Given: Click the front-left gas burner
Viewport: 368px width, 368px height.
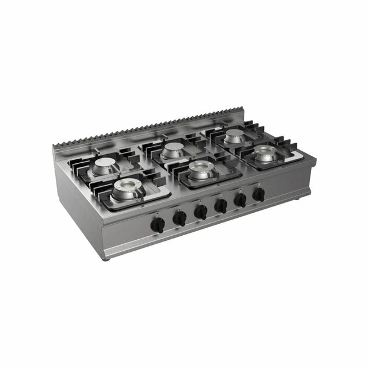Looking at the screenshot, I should point(125,190).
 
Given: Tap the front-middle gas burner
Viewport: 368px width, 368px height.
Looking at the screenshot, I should point(200,170).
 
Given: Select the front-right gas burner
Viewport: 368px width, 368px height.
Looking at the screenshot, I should point(266,154).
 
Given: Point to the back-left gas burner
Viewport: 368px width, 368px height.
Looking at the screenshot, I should point(105,166).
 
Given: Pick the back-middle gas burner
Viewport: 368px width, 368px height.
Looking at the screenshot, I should point(172,151).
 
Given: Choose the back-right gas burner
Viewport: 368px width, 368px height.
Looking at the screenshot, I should point(234,136).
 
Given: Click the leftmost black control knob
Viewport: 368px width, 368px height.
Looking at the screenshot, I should point(157,225).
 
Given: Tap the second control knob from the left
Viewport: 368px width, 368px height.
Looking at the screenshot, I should point(180,218).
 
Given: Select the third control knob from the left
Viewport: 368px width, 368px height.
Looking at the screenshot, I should point(201,212).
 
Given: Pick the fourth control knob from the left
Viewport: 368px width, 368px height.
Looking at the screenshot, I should point(221,205).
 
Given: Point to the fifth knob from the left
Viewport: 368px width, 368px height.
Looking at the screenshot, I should point(240,200).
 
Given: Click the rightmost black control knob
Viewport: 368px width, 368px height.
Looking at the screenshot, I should point(259,194).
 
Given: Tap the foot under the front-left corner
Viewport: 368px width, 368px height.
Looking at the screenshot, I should point(107,258).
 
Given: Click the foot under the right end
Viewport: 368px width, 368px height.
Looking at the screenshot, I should point(298,199).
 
